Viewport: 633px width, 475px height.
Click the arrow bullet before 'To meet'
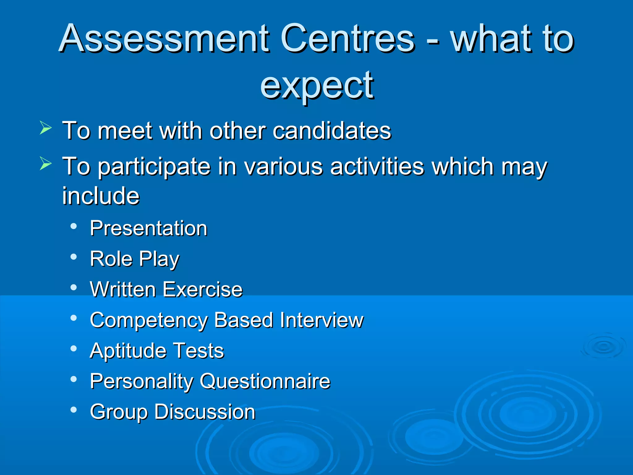45,128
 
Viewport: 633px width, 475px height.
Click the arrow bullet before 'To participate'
45,164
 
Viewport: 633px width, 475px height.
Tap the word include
101,196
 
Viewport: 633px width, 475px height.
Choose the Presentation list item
148,228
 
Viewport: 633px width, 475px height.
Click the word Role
111,259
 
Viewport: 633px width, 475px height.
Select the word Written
123,289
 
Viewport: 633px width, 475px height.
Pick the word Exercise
202,289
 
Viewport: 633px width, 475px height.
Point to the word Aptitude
128,351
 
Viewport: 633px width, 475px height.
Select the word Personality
141,381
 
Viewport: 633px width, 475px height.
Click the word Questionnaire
265,381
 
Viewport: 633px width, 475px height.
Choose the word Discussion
205,412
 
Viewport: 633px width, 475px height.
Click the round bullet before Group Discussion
74,410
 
